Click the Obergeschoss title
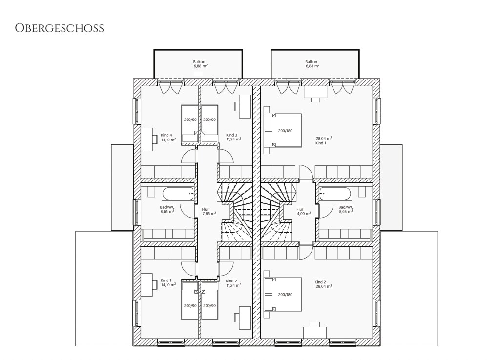click(x=59, y=28)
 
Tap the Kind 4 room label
click(x=167, y=135)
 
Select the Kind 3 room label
click(x=232, y=135)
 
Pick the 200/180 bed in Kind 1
click(x=283, y=130)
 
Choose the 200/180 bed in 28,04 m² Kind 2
click(x=283, y=294)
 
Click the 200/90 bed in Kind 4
click(x=190, y=124)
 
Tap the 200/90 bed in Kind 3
click(x=209, y=124)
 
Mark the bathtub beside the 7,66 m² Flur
click(x=178, y=194)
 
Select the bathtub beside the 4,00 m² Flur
click(x=335, y=194)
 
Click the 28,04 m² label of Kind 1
click(x=324, y=138)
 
